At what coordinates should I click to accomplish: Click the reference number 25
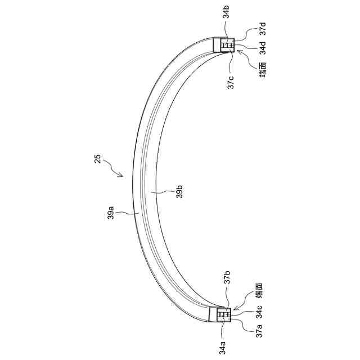pyautogui.click(x=97, y=159)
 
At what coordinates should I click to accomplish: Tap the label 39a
pyautogui.click(x=111, y=213)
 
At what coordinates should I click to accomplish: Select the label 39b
pyautogui.click(x=179, y=191)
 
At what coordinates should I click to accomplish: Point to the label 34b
pyautogui.click(x=226, y=12)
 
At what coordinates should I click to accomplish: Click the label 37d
pyautogui.click(x=263, y=29)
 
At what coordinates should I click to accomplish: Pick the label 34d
pyautogui.click(x=263, y=48)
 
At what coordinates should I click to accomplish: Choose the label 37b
pyautogui.click(x=227, y=277)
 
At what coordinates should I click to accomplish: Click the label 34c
pyautogui.click(x=259, y=312)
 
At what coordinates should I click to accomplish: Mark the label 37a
pyautogui.click(x=259, y=331)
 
